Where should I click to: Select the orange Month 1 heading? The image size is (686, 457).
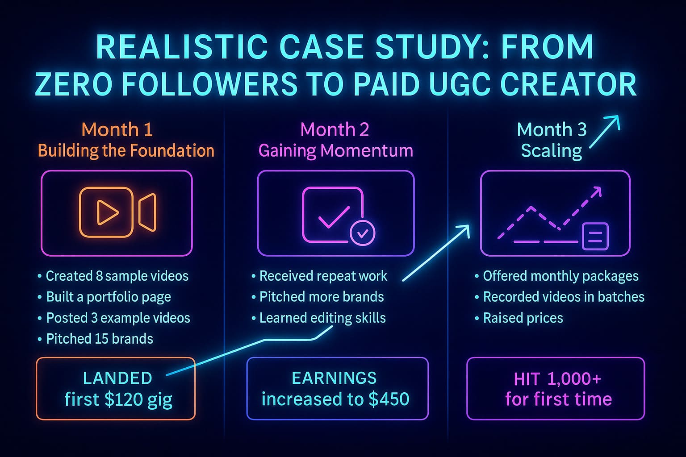click(117, 130)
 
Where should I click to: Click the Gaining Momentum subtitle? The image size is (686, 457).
click(335, 151)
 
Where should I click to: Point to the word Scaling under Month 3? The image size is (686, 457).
click(551, 151)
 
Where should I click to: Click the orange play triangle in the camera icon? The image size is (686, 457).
click(107, 212)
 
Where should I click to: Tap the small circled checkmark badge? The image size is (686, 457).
click(362, 233)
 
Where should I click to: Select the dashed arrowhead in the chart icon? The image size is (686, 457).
click(596, 192)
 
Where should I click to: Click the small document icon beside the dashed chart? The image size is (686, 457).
click(595, 236)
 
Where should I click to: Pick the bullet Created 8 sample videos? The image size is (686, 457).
click(117, 276)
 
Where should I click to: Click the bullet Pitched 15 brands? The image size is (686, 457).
click(99, 339)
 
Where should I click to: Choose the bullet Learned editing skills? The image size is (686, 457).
click(322, 318)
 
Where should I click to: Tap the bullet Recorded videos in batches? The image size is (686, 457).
click(563, 297)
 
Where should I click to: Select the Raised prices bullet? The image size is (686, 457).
click(523, 318)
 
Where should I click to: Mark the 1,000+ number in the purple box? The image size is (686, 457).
click(573, 379)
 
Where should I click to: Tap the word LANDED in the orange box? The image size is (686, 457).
click(117, 378)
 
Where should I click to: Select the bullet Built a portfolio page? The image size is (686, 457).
click(108, 297)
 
